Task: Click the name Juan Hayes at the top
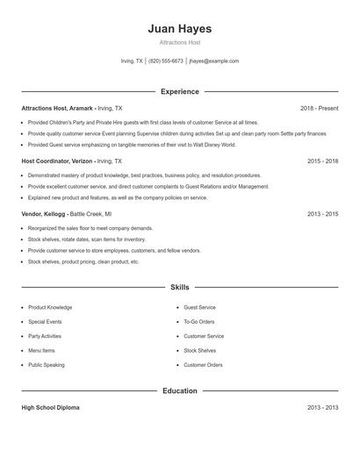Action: click(x=179, y=29)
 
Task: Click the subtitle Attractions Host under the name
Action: click(x=179, y=42)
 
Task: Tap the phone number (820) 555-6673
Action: click(x=166, y=61)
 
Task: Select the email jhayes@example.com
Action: click(x=213, y=61)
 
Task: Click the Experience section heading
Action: click(x=179, y=91)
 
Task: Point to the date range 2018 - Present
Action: click(x=319, y=108)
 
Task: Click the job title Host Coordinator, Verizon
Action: click(x=56, y=161)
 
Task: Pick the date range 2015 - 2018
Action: click(x=322, y=161)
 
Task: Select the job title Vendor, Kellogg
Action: click(x=42, y=214)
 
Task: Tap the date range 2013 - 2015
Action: click(x=322, y=214)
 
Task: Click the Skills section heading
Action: click(x=179, y=287)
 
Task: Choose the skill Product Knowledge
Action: click(x=50, y=308)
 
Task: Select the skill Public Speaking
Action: click(x=47, y=364)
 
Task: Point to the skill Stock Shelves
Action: click(x=200, y=350)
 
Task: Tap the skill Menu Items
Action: click(x=41, y=350)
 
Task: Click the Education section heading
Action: click(x=179, y=390)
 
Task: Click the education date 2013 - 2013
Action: click(x=322, y=408)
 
